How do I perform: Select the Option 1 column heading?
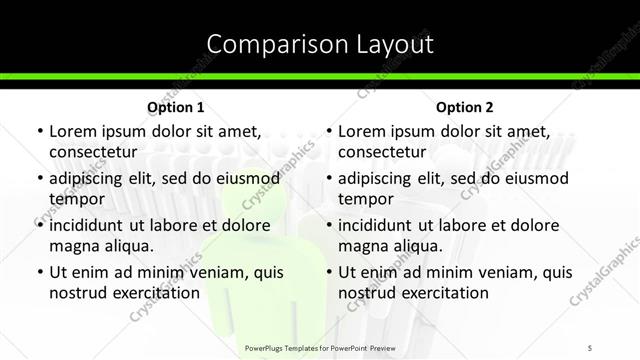(x=175, y=107)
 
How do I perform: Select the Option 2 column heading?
(x=465, y=107)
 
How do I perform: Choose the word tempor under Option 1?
(x=76, y=199)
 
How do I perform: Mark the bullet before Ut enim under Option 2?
(x=328, y=272)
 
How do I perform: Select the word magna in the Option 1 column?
(x=76, y=246)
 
